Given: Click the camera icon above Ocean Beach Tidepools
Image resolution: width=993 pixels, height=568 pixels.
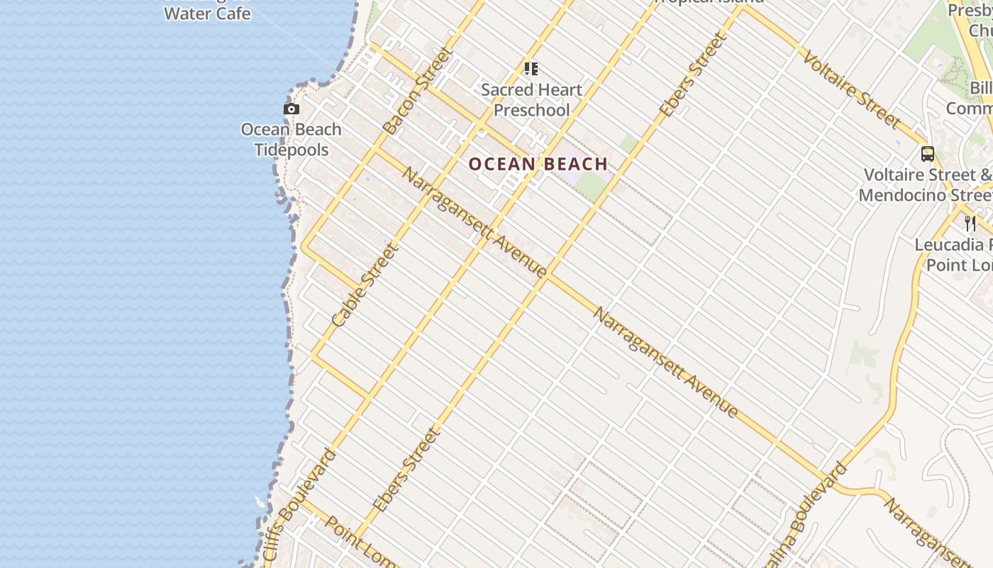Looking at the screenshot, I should (x=291, y=109).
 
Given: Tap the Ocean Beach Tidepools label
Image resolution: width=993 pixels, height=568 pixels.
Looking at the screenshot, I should (x=291, y=140).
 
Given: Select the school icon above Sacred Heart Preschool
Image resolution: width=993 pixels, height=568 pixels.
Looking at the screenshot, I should (x=531, y=69).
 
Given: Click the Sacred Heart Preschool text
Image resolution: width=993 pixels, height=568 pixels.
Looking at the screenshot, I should (x=531, y=100).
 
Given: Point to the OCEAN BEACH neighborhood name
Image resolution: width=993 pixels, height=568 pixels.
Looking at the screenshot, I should (x=538, y=164).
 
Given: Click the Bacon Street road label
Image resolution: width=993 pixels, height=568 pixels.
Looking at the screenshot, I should (x=417, y=91).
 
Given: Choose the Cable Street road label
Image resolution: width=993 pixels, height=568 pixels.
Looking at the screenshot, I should (x=365, y=285).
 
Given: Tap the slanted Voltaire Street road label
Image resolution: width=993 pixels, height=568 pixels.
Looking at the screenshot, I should (x=851, y=89).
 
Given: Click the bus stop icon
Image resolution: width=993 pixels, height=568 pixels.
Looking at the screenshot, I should (x=927, y=153).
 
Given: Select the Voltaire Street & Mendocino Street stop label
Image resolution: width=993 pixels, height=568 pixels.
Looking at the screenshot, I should (x=926, y=185).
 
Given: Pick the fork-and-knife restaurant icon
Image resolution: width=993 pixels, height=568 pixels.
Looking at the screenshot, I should (x=970, y=224).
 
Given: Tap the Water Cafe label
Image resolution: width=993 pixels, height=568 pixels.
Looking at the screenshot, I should (x=207, y=13).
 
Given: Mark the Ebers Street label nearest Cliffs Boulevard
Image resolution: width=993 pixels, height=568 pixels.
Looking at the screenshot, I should (x=406, y=469).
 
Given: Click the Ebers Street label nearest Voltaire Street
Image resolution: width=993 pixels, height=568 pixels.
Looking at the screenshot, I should (x=693, y=75).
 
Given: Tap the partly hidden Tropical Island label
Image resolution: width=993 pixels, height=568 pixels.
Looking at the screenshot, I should (x=709, y=2).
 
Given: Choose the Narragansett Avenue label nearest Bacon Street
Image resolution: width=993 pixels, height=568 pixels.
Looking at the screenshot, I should (x=473, y=222).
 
